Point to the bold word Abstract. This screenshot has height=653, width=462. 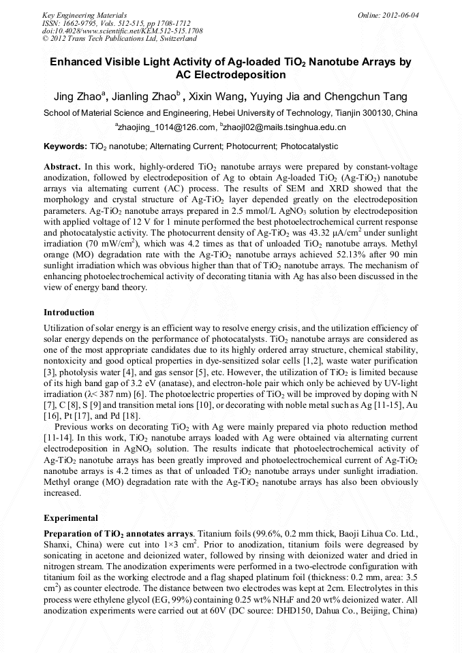click(61, 167)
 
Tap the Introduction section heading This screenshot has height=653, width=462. click(69, 313)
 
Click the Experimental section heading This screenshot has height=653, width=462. click(70, 517)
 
